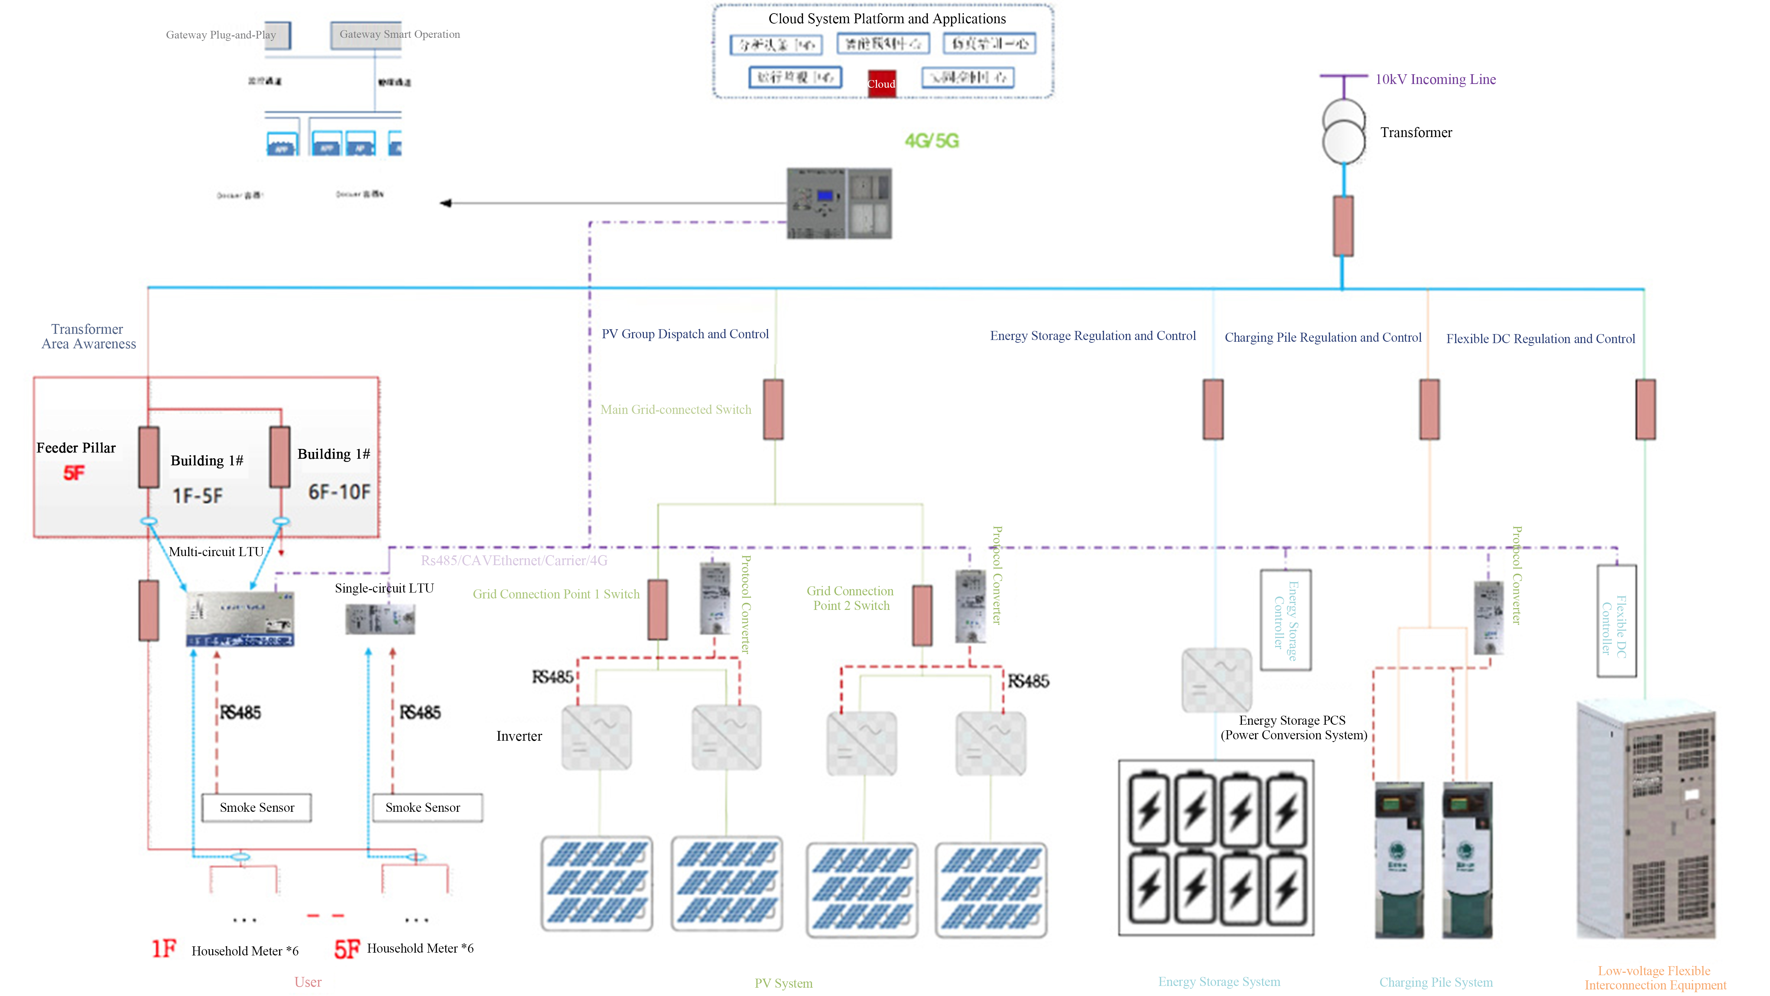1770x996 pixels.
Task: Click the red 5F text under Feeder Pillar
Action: (74, 473)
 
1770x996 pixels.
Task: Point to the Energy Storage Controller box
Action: (1286, 620)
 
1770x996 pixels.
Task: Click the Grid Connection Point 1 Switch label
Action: (556, 594)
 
